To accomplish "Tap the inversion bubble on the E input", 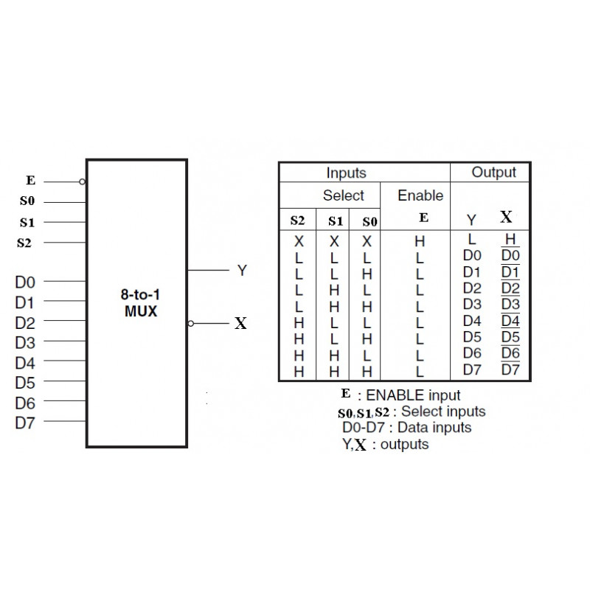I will [83, 181].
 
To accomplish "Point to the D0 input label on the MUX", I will [26, 281].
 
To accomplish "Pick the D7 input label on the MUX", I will [26, 423].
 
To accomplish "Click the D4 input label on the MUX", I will [26, 362].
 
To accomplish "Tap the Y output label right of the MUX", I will [241, 271].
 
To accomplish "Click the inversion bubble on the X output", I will [191, 323].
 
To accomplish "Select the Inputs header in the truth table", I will [346, 173].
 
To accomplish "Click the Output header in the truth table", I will [493, 172].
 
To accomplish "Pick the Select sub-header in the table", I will [343, 195].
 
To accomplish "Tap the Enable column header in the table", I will [420, 195].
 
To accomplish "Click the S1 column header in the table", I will [336, 220].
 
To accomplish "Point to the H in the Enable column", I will [420, 240].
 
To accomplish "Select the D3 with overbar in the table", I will [510, 305].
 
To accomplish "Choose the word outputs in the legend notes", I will [404, 444].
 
